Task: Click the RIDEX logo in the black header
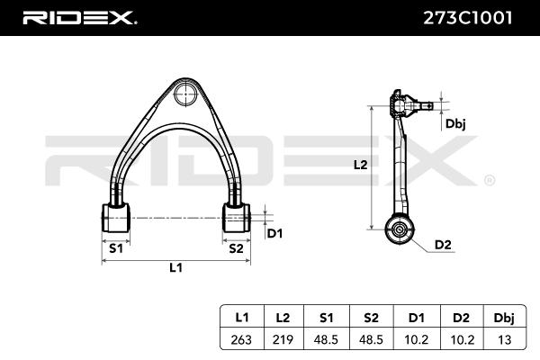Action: pos(79,18)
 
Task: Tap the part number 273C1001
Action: pos(467,18)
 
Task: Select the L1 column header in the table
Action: pos(242,318)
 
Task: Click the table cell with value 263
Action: pos(241,340)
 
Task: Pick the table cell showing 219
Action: pos(283,340)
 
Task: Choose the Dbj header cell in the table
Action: pos(504,318)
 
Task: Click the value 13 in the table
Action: pos(504,340)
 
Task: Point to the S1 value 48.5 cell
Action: pos(326,340)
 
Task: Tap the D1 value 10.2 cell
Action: pos(416,340)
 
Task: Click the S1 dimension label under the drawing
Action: pos(116,248)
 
